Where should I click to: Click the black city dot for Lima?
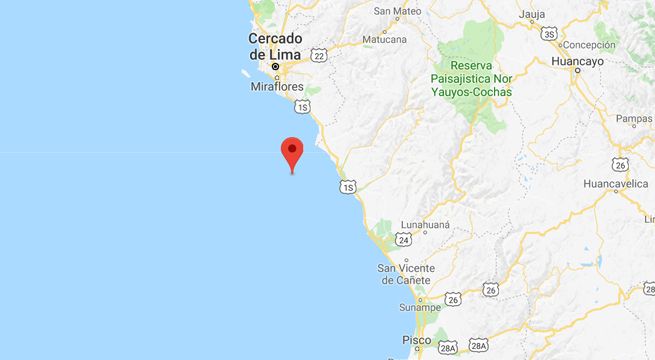[x=275, y=67]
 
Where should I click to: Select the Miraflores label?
[x=274, y=87]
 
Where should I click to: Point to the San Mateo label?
[x=397, y=12]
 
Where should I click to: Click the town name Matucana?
[x=384, y=40]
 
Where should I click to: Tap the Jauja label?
[x=532, y=14]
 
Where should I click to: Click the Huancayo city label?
[x=579, y=61]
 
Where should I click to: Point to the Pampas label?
[x=634, y=119]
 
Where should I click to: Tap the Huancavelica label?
[x=616, y=184]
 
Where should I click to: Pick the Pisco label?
[x=416, y=340]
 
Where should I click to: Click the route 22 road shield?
[x=318, y=56]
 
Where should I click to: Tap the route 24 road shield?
[x=403, y=240]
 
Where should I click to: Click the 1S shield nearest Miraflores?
[x=302, y=105]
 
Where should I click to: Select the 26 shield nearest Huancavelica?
[x=620, y=164]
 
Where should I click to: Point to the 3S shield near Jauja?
[x=549, y=34]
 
